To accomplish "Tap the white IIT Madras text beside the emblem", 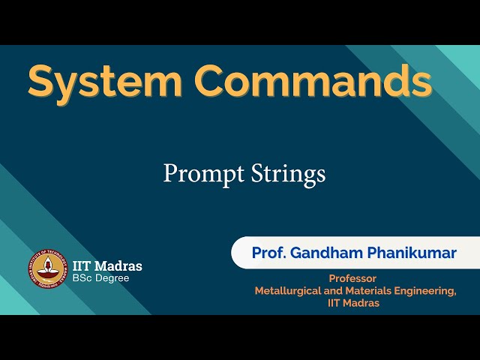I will [x=107, y=265].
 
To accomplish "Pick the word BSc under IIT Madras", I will [x=82, y=278].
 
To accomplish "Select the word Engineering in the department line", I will [x=428, y=291].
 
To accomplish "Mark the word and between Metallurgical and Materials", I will [x=335, y=291].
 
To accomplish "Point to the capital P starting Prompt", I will [x=169, y=173].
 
